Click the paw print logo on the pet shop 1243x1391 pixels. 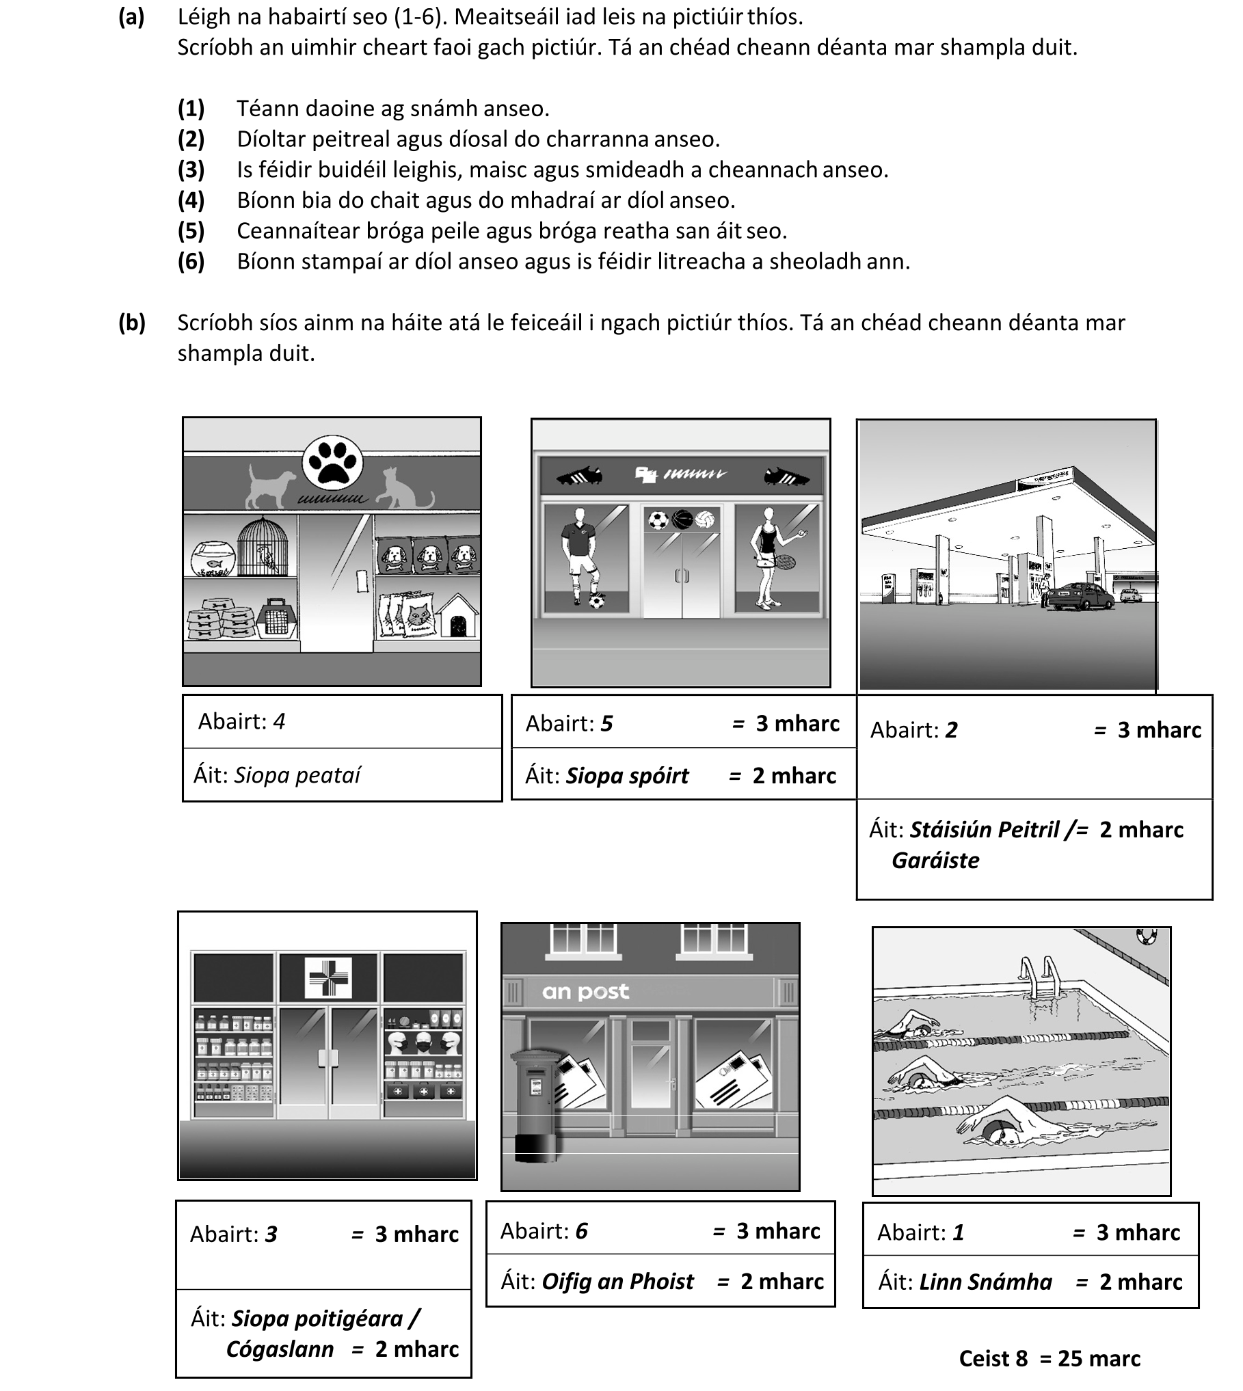[x=332, y=462]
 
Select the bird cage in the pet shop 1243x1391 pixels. [x=263, y=547]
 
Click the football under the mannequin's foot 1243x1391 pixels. [x=597, y=602]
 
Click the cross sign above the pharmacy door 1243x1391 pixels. [x=328, y=977]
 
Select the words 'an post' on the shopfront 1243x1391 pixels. [x=585, y=992]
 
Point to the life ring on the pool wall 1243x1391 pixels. [x=1145, y=936]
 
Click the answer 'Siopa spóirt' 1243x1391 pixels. [x=627, y=776]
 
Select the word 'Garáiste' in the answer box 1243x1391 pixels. [x=935, y=860]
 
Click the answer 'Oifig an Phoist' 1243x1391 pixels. [x=617, y=1281]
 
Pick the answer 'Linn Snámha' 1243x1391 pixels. [x=985, y=1282]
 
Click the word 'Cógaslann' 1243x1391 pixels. [x=280, y=1349]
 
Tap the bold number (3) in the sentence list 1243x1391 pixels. [x=191, y=170]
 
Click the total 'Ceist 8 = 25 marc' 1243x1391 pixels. [x=1050, y=1358]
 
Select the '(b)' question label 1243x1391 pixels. [x=131, y=323]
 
